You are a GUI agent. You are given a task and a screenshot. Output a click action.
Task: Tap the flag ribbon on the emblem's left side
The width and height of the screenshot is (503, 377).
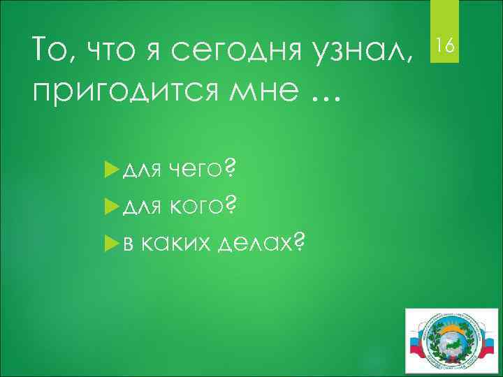[417, 346]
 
